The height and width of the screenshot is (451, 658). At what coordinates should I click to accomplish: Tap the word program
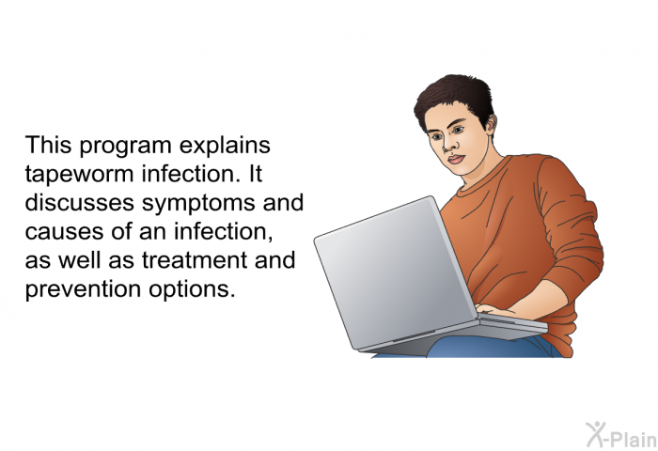click(x=125, y=147)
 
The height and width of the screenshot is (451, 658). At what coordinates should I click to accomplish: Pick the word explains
click(x=225, y=146)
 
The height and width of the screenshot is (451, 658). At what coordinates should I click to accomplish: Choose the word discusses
click(x=79, y=202)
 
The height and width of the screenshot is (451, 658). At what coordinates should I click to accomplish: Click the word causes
click(x=65, y=231)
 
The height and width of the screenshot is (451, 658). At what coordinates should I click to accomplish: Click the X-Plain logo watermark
click(x=621, y=435)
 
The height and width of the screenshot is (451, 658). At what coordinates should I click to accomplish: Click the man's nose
click(x=449, y=144)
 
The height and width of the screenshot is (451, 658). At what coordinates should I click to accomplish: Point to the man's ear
click(x=490, y=124)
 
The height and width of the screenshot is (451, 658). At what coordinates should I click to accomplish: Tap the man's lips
click(x=456, y=160)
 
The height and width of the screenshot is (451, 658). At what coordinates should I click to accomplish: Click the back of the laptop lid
click(x=395, y=272)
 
